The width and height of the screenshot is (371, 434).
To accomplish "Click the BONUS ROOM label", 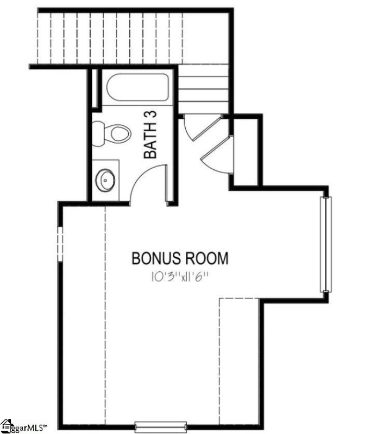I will (180, 258).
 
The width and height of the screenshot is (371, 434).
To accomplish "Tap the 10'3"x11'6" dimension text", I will (180, 277).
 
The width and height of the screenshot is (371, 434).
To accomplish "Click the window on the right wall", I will (325, 245).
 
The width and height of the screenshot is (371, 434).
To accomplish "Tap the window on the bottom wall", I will (161, 426).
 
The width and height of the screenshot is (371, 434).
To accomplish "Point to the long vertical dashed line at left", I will (105, 315).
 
